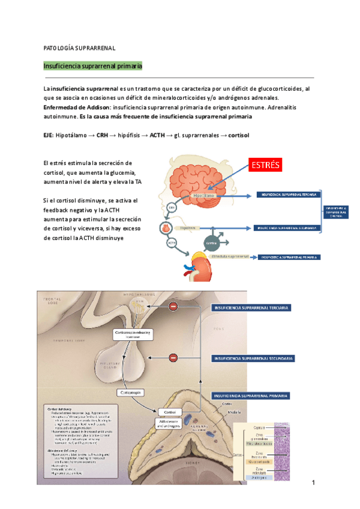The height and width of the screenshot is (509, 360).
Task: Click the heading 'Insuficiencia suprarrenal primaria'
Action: [x=92, y=65]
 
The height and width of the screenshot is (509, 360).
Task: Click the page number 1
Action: [x=313, y=483]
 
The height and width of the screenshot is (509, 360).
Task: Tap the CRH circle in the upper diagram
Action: [x=171, y=208]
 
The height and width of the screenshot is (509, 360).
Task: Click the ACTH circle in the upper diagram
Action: [x=172, y=242]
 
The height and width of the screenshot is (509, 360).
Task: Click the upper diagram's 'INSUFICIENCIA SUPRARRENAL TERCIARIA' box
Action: [x=289, y=194]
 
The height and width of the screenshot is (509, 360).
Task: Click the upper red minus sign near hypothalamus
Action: [x=173, y=307]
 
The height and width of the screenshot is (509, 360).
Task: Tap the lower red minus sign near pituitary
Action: [x=173, y=358]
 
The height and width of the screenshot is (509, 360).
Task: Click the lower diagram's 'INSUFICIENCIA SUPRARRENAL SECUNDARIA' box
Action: [x=252, y=358]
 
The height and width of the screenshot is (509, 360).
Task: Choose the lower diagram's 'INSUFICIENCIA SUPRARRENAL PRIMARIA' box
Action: [x=252, y=396]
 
